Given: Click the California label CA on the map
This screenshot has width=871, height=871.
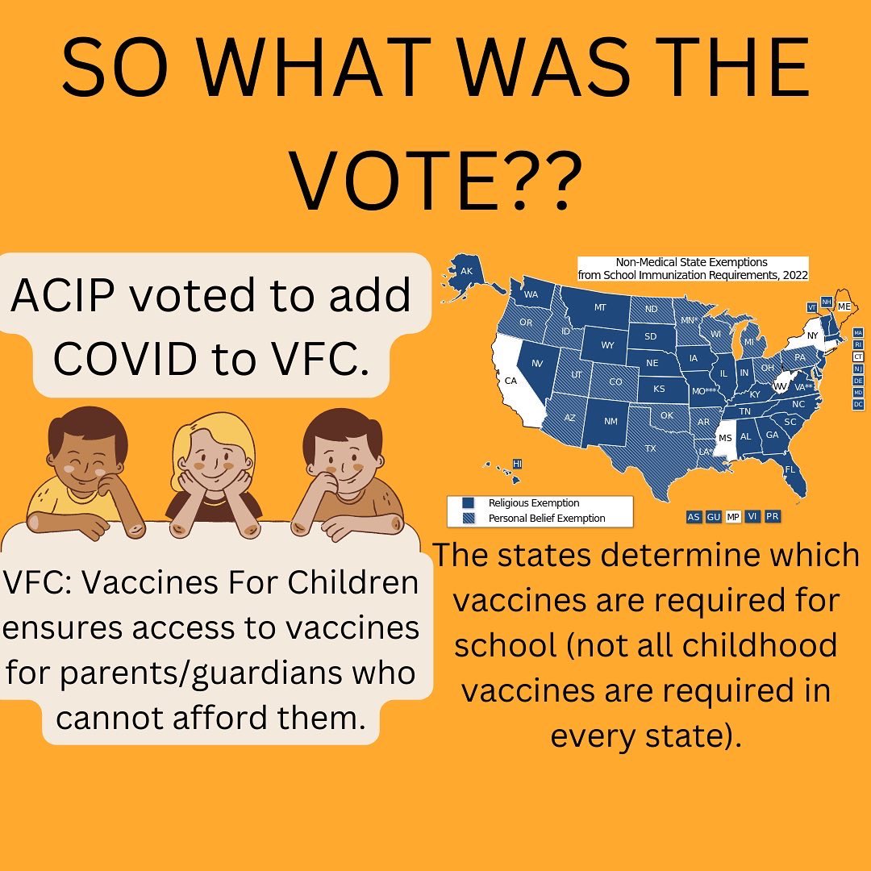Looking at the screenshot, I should pos(510,380).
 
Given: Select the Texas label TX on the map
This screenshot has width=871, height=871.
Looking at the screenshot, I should pos(650,448).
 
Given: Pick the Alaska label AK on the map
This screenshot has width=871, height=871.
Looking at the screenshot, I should pos(466,271).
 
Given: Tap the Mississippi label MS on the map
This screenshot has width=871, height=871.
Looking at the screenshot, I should pos(725,437).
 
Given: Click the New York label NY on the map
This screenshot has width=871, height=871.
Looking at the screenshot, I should pos(812,335).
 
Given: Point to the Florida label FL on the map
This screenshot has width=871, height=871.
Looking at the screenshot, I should pos(790,469).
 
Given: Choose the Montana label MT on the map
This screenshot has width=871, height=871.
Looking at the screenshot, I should pos(599,307).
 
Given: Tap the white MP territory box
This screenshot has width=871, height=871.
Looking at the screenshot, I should pos(733,517).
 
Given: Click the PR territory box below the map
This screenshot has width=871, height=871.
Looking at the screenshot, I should pos(772,517).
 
